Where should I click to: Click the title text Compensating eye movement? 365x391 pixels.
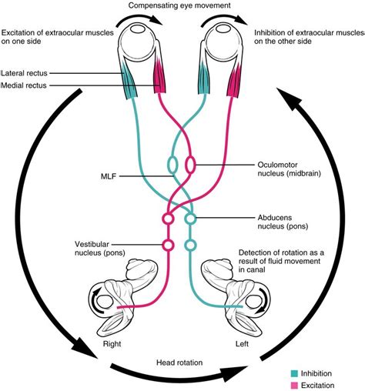[182, 7]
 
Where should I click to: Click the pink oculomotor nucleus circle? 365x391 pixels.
[190, 165]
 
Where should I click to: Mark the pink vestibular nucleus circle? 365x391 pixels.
[167, 246]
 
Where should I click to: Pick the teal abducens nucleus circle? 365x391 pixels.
[190, 220]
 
